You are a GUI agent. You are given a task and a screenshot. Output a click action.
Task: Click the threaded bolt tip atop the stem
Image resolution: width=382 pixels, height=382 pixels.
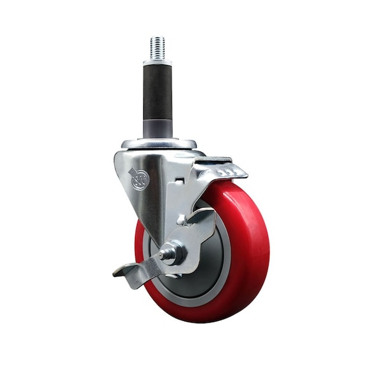click(157, 48)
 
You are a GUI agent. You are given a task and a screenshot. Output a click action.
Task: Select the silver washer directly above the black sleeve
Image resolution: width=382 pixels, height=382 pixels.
click(157, 62)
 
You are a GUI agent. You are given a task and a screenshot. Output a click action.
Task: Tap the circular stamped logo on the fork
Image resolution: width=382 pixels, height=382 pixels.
click(140, 180)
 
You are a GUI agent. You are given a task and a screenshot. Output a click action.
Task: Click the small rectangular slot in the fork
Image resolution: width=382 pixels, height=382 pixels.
click(180, 181)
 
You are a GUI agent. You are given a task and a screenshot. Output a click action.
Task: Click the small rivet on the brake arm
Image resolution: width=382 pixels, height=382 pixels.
click(181, 219)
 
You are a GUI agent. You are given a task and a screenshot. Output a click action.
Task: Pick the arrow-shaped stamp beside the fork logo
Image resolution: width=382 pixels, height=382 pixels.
click(131, 173)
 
